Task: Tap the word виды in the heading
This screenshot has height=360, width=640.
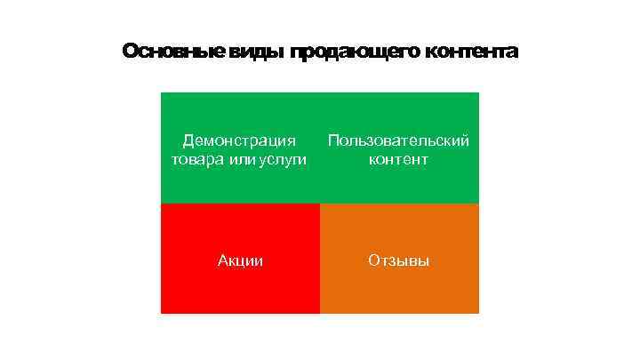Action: [256, 52]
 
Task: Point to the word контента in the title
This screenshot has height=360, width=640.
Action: [470, 52]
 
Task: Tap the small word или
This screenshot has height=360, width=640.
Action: [239, 160]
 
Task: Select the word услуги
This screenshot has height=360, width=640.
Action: [283, 160]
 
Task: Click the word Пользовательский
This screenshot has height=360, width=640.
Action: [398, 140]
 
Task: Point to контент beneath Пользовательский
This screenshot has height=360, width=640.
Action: [398, 160]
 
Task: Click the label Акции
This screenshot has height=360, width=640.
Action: [240, 260]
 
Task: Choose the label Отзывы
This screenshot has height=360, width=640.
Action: [398, 260]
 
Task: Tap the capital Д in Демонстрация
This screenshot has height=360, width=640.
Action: [188, 140]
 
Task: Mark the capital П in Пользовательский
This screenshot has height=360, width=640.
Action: [333, 140]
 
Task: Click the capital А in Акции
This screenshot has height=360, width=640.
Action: [222, 260]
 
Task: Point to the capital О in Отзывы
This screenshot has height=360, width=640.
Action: [373, 260]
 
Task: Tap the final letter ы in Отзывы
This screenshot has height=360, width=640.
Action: [423, 260]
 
